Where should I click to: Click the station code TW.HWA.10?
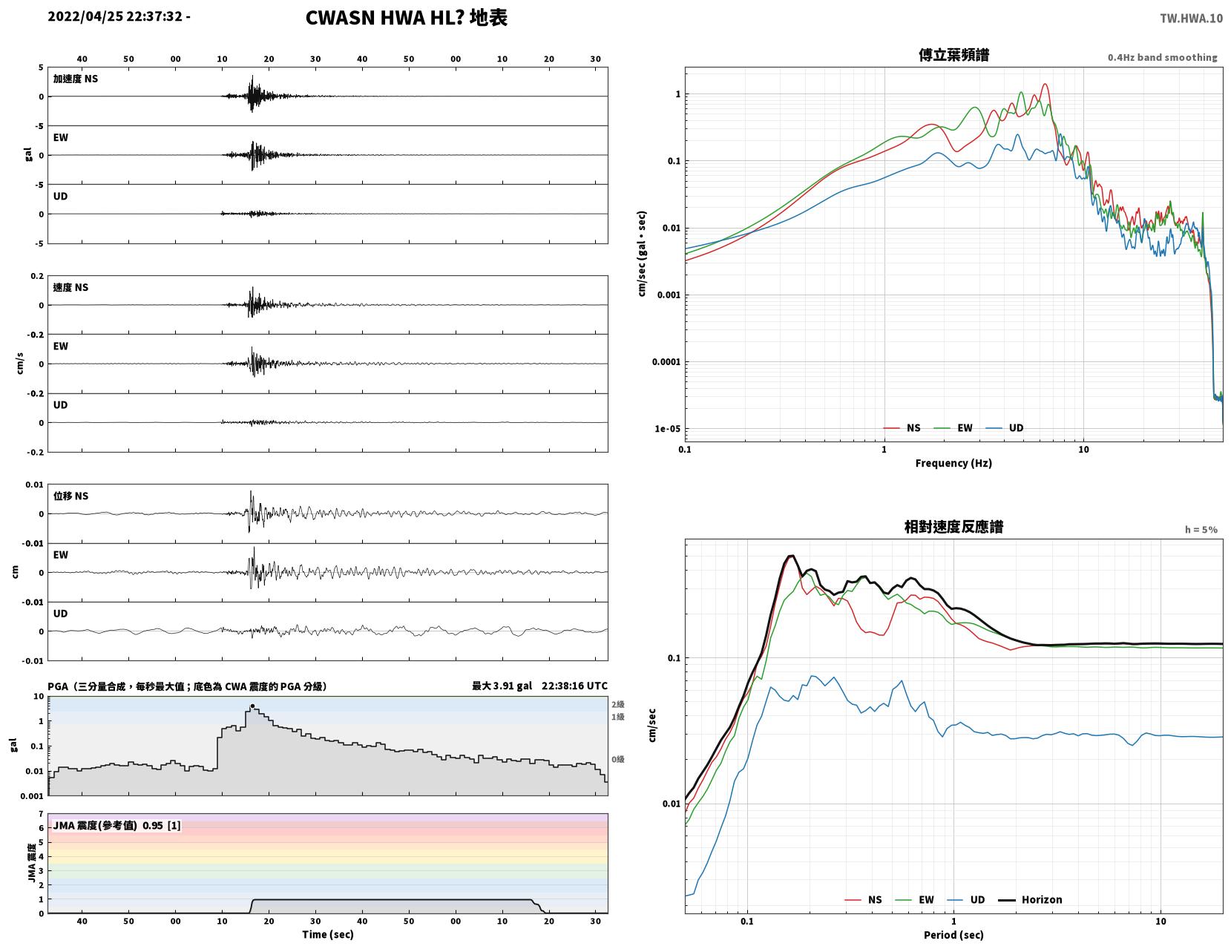click(x=1191, y=18)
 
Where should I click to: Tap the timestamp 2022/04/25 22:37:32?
click(x=115, y=16)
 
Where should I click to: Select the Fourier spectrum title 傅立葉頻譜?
click(x=953, y=55)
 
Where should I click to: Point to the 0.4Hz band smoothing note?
click(x=1162, y=57)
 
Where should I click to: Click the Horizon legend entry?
click(x=1029, y=899)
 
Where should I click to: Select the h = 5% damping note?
click(x=1201, y=530)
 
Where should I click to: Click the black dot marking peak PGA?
click(x=252, y=706)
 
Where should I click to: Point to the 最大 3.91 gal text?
click(x=502, y=686)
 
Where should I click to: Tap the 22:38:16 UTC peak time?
click(x=574, y=686)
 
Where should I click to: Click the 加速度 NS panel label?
click(x=76, y=79)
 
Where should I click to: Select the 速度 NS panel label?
click(x=70, y=287)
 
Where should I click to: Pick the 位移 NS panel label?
click(x=70, y=496)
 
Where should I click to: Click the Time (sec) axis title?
click(x=327, y=934)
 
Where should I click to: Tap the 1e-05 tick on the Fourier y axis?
click(x=667, y=429)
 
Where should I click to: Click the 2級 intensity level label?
click(x=617, y=704)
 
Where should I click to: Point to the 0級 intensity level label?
click(x=617, y=759)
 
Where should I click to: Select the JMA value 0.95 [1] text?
click(x=162, y=825)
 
